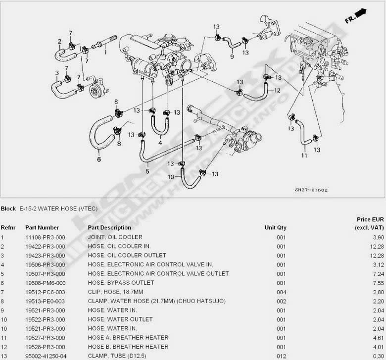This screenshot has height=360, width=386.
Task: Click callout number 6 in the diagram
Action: (99, 159)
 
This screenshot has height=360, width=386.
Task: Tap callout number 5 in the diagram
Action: (147, 171)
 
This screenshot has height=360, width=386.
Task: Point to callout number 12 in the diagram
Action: (277, 91)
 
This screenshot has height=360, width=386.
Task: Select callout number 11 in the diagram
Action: (304, 155)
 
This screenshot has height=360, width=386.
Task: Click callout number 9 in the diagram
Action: (232, 57)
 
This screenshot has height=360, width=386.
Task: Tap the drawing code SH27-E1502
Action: (311, 190)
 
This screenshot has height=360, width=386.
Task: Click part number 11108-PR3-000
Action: (42, 237)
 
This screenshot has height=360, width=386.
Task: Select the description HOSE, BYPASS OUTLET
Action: (121, 283)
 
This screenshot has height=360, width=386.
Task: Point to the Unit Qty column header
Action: (275, 228)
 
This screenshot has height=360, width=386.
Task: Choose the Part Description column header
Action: (109, 228)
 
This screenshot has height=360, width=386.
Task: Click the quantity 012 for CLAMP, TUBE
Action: (282, 356)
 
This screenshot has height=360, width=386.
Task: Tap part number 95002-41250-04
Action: (45, 356)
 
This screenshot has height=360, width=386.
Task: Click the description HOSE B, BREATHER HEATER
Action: (128, 347)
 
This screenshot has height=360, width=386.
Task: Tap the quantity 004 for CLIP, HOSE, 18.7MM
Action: (282, 292)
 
